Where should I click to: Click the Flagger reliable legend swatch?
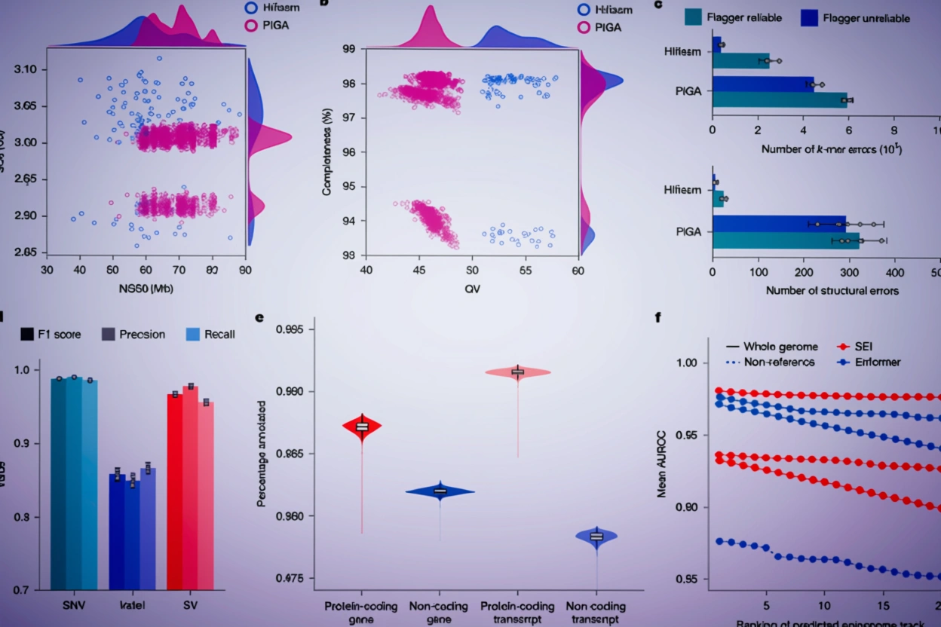(694, 17)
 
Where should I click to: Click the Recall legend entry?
(193, 333)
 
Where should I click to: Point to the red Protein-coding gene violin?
(362, 427)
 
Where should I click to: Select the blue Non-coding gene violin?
(440, 491)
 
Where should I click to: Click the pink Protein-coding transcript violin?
(517, 372)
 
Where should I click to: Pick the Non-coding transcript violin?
(596, 536)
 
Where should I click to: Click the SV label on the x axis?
(189, 604)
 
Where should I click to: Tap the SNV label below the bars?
(73, 604)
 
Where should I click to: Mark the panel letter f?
(657, 317)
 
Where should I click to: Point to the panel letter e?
(259, 317)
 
